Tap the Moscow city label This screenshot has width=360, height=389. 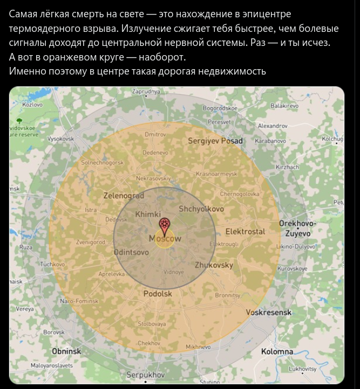[x=165, y=238]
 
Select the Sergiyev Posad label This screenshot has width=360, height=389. [x=215, y=141]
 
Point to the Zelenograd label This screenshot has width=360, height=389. [x=124, y=196]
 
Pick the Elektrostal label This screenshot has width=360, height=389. [x=245, y=231]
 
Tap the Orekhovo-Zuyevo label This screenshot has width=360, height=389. [x=297, y=229]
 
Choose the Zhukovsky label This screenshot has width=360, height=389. [x=214, y=265]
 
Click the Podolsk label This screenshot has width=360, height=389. [x=158, y=293]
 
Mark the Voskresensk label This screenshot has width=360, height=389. [x=269, y=312]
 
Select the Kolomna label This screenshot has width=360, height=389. [x=277, y=351]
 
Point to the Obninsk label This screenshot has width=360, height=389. [x=66, y=351]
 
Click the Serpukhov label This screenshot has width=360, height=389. [x=145, y=374]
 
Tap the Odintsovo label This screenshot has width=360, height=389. [x=131, y=252]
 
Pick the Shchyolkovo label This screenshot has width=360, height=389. [x=201, y=209]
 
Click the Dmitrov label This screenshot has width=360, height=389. [x=155, y=133]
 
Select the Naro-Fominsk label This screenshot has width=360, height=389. [x=79, y=300]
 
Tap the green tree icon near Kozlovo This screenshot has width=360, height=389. [x=19, y=119]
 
